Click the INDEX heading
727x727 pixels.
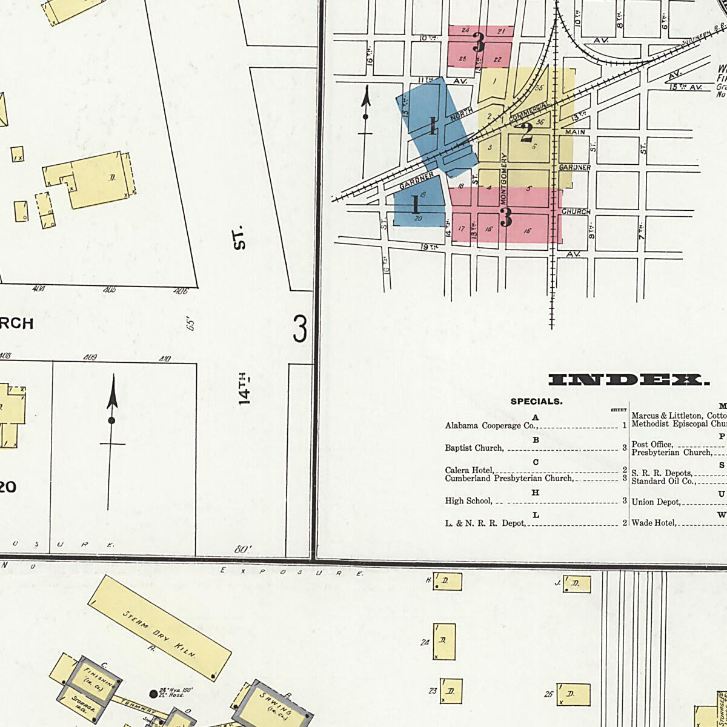tap(628, 380)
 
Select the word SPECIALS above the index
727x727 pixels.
tap(536, 401)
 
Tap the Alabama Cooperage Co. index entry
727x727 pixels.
tap(491, 426)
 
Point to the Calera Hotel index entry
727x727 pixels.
tap(470, 470)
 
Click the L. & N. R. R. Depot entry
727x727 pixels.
tap(485, 523)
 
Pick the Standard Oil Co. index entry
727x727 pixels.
tap(662, 482)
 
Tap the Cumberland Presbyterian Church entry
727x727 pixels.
tap(508, 479)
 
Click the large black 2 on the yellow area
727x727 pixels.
tap(526, 130)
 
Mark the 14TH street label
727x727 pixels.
tap(244, 388)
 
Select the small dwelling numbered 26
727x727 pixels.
tap(573, 695)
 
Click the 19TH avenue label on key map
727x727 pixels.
tap(429, 247)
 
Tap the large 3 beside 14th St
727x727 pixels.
tap(299, 330)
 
